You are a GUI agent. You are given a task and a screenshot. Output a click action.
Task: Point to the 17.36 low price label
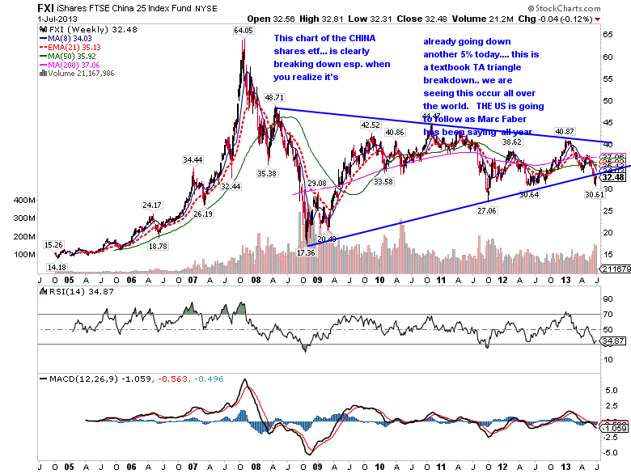[x=305, y=253]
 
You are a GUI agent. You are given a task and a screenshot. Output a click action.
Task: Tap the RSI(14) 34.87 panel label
[x=70, y=290]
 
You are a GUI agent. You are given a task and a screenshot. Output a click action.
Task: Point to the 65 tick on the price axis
[x=607, y=36]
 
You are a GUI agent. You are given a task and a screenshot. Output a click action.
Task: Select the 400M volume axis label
[x=24, y=200]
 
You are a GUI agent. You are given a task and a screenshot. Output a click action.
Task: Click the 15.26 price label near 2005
[x=54, y=243]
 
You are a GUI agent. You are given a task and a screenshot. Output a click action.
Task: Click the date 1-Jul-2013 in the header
[x=27, y=18]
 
